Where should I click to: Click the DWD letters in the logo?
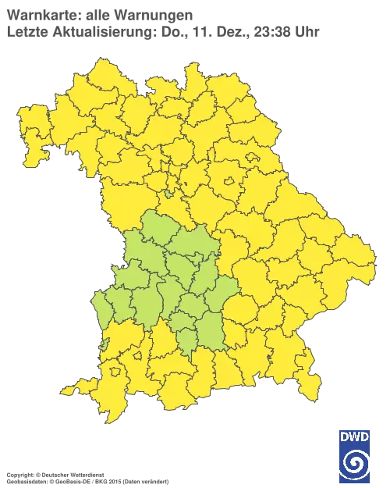point(354,436)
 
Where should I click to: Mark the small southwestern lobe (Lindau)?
point(91,388)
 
